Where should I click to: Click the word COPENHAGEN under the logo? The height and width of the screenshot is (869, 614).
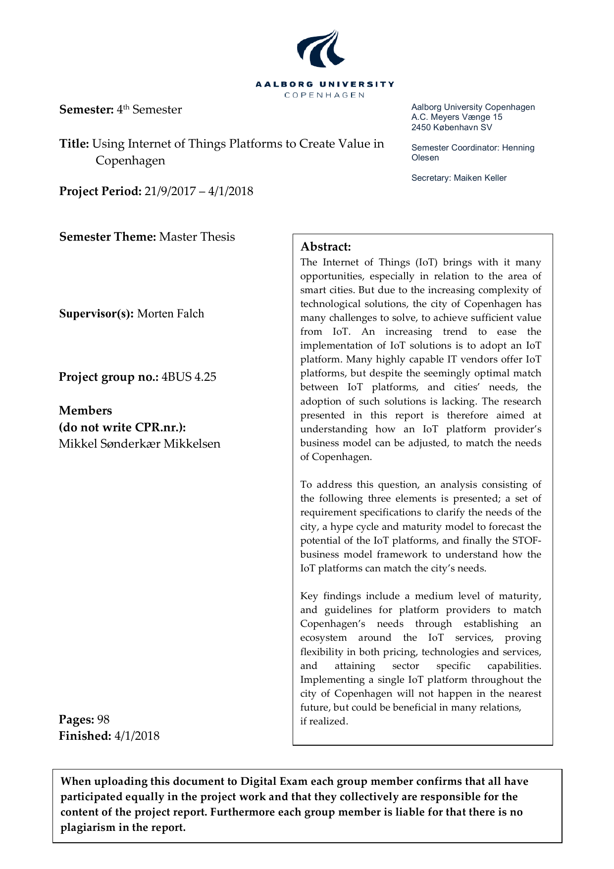pyautogui.click(x=325, y=95)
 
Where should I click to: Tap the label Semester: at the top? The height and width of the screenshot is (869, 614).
pyautogui.click(x=87, y=110)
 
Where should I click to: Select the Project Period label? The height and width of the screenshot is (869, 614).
pyautogui.click(x=101, y=192)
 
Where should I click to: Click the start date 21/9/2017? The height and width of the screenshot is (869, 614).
pyautogui.click(x=170, y=192)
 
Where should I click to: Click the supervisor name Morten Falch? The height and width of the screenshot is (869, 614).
pyautogui.click(x=170, y=314)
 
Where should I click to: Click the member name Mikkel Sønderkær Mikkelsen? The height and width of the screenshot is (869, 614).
pyautogui.click(x=140, y=444)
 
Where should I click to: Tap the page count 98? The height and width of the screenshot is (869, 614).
pyautogui.click(x=103, y=720)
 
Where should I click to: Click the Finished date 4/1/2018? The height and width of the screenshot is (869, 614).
pyautogui.click(x=137, y=736)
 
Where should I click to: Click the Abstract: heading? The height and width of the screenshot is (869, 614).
pyautogui.click(x=325, y=247)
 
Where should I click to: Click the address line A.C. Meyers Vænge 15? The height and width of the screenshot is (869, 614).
pyautogui.click(x=457, y=117)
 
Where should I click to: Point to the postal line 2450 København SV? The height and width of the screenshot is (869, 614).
pyautogui.click(x=452, y=127)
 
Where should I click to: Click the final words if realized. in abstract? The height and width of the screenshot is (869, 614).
pyautogui.click(x=324, y=721)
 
